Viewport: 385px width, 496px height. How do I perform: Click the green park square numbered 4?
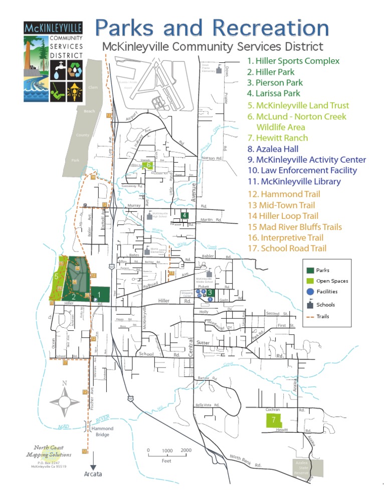185,215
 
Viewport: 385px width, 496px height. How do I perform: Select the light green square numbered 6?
148,165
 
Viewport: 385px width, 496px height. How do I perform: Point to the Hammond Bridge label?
102,432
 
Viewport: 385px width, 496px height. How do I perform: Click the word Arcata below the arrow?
93,474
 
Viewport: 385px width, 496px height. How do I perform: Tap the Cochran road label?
272,410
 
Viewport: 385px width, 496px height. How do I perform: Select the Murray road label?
134,206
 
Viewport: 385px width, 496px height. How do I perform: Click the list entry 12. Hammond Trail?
284,194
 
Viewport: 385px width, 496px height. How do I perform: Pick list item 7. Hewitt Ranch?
278,138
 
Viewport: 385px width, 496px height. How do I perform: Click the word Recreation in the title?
271,28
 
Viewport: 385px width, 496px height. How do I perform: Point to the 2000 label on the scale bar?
186,450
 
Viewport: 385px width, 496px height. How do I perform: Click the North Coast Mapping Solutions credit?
49,451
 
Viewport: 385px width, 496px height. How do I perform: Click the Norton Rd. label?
212,158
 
